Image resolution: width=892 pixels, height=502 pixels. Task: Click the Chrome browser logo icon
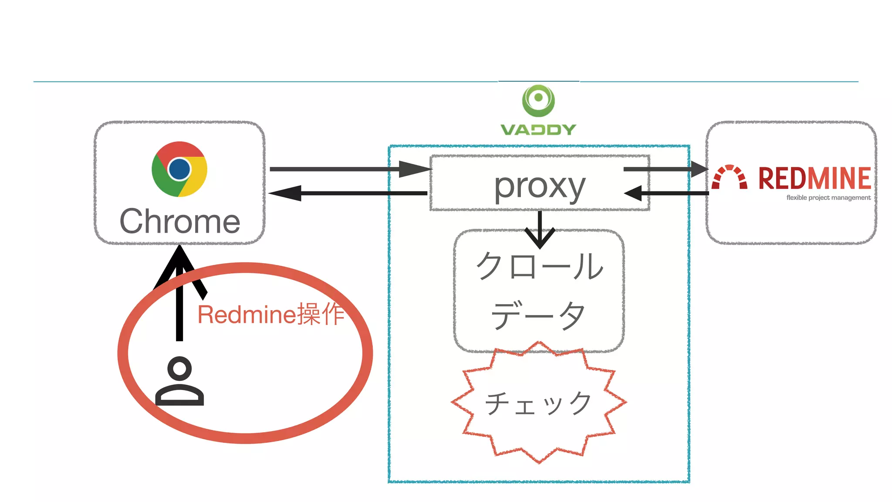click(x=179, y=169)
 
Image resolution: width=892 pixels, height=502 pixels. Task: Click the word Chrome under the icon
click(x=179, y=221)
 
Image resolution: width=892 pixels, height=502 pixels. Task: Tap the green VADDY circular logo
click(x=538, y=101)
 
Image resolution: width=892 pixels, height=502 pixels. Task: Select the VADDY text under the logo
click(x=538, y=129)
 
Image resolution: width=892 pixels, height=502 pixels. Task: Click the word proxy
click(x=539, y=186)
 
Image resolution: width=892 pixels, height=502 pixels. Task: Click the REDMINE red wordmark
click(x=814, y=178)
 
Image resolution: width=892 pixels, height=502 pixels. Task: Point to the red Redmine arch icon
click(x=729, y=177)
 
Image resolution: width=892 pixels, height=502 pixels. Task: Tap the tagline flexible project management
click(x=828, y=198)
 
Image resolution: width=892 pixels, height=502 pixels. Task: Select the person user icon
click(x=179, y=381)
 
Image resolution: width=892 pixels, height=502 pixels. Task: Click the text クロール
click(x=539, y=266)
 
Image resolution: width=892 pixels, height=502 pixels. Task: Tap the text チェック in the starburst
click(x=538, y=403)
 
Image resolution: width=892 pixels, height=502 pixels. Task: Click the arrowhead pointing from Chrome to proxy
click(x=414, y=169)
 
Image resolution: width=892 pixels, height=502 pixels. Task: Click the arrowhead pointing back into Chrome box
click(x=285, y=193)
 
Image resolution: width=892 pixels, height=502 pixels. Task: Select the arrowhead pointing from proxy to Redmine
click(x=699, y=169)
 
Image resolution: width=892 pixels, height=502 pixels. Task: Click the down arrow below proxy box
click(x=540, y=237)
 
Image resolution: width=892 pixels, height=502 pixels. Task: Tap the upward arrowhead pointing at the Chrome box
click(x=179, y=261)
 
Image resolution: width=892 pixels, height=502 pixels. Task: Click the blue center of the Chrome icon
click(x=179, y=169)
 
